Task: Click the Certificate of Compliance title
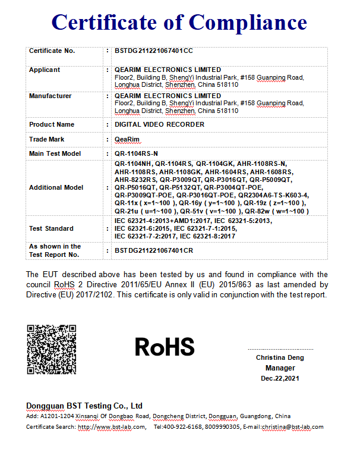point(179,22)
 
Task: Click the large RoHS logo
point(165,347)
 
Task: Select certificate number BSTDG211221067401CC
point(154,51)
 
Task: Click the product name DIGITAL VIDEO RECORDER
point(159,125)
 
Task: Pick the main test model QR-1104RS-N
point(136,153)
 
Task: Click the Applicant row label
point(45,70)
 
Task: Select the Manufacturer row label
point(50,96)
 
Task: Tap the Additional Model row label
point(56,187)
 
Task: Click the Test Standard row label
point(51,228)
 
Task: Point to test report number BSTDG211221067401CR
point(154,250)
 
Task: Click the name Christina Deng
point(280,357)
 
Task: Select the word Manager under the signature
point(280,368)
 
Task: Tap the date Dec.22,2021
point(280,378)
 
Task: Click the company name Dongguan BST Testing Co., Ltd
point(84,406)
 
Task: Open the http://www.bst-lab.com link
point(112,427)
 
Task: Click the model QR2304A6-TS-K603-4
point(273,195)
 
